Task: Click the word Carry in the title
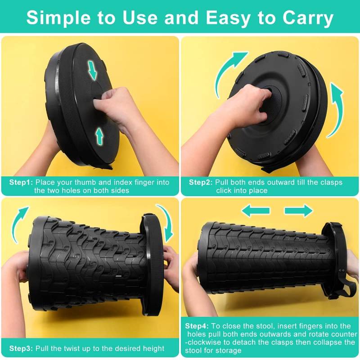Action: click(308, 18)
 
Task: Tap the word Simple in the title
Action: click(58, 18)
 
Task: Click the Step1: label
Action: click(21, 182)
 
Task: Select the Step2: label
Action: click(201, 182)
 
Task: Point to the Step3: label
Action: click(21, 348)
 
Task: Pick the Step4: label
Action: click(197, 326)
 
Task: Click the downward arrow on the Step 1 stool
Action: click(93, 70)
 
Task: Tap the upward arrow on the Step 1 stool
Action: click(99, 136)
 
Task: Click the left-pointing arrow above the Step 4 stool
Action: click(256, 211)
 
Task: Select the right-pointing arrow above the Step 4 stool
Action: click(298, 211)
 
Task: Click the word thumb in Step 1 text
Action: click(85, 182)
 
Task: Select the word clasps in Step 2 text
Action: click(330, 183)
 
